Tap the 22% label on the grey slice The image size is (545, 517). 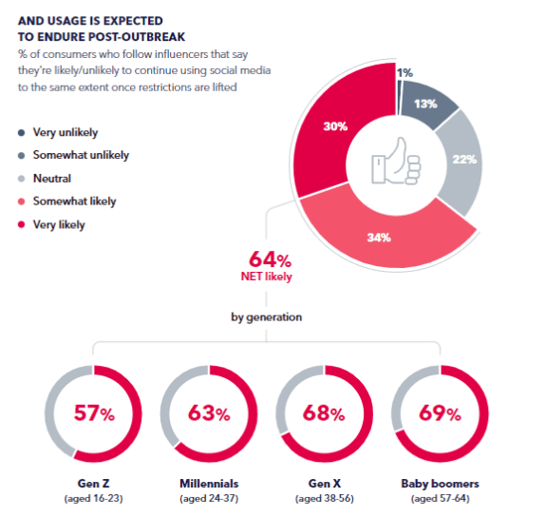click(x=464, y=161)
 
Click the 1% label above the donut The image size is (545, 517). click(x=405, y=72)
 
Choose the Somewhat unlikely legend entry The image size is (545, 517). click(x=81, y=155)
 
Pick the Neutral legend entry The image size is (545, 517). click(x=52, y=178)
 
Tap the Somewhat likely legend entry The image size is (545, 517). click(x=74, y=201)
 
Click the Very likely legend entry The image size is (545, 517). click(x=59, y=224)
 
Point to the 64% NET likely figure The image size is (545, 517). click(x=270, y=259)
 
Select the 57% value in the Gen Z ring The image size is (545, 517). click(x=95, y=413)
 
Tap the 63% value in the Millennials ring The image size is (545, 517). click(x=210, y=413)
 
